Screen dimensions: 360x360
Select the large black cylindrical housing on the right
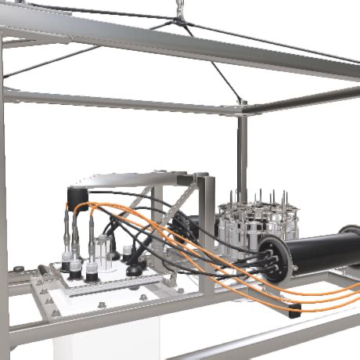pos(321,251)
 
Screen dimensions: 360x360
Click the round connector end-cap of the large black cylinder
pos(274,259)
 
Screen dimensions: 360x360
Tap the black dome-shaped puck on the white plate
pos(134,270)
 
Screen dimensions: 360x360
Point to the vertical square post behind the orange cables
pos(207,227)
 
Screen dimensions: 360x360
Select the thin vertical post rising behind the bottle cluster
pos(242,157)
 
